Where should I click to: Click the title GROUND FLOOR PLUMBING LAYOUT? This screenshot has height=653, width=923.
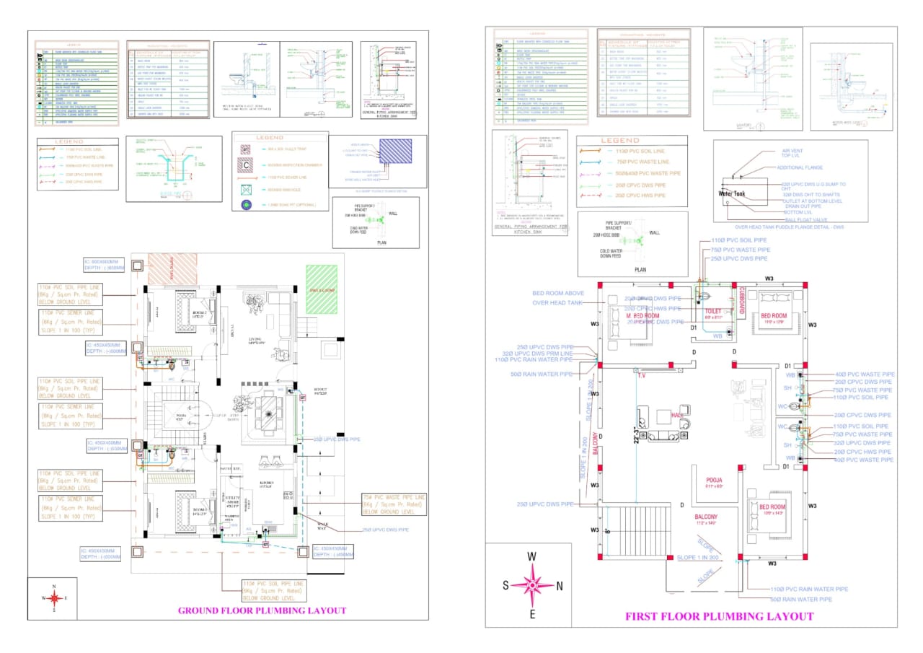click(262, 610)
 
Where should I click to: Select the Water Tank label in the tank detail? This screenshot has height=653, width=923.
click(736, 193)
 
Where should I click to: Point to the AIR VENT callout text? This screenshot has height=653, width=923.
click(792, 152)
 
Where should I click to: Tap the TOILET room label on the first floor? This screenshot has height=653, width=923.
click(712, 310)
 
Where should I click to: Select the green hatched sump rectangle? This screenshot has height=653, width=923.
click(321, 289)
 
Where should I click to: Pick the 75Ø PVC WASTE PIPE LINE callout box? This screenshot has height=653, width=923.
click(394, 504)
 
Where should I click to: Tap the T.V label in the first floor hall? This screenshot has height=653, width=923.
click(638, 375)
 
